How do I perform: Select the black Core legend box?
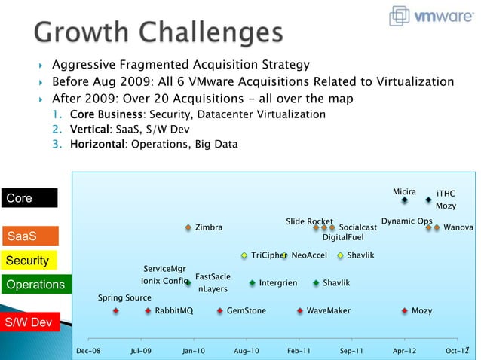[x=29, y=198]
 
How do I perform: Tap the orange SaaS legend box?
[x=29, y=236]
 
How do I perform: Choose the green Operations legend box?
[x=34, y=285]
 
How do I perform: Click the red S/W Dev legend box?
[x=29, y=322]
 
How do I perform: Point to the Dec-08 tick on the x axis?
[x=88, y=351]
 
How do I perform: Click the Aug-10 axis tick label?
[x=247, y=351]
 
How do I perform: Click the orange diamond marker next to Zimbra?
[x=188, y=227]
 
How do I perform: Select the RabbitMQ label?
[x=174, y=310]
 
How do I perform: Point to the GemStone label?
[x=247, y=310]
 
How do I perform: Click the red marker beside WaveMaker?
[x=300, y=310]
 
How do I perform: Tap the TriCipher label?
[x=268, y=255]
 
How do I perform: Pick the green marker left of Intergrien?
[x=253, y=284]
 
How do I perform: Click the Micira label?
[x=404, y=192]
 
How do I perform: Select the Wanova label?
[x=458, y=227]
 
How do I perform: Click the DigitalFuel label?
[x=343, y=238]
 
